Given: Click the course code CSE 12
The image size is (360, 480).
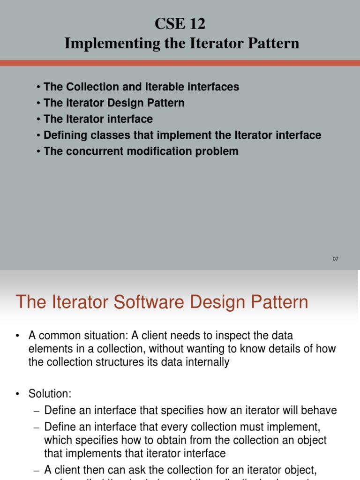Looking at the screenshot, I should click(180, 24).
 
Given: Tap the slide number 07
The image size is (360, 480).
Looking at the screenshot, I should click(335, 259).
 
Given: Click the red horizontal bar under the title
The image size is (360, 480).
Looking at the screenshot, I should click(180, 63).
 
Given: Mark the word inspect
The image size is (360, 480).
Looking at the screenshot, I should click(235, 336).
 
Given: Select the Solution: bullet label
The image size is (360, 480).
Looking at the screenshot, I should click(50, 394).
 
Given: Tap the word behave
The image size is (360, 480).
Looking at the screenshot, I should click(320, 411).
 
